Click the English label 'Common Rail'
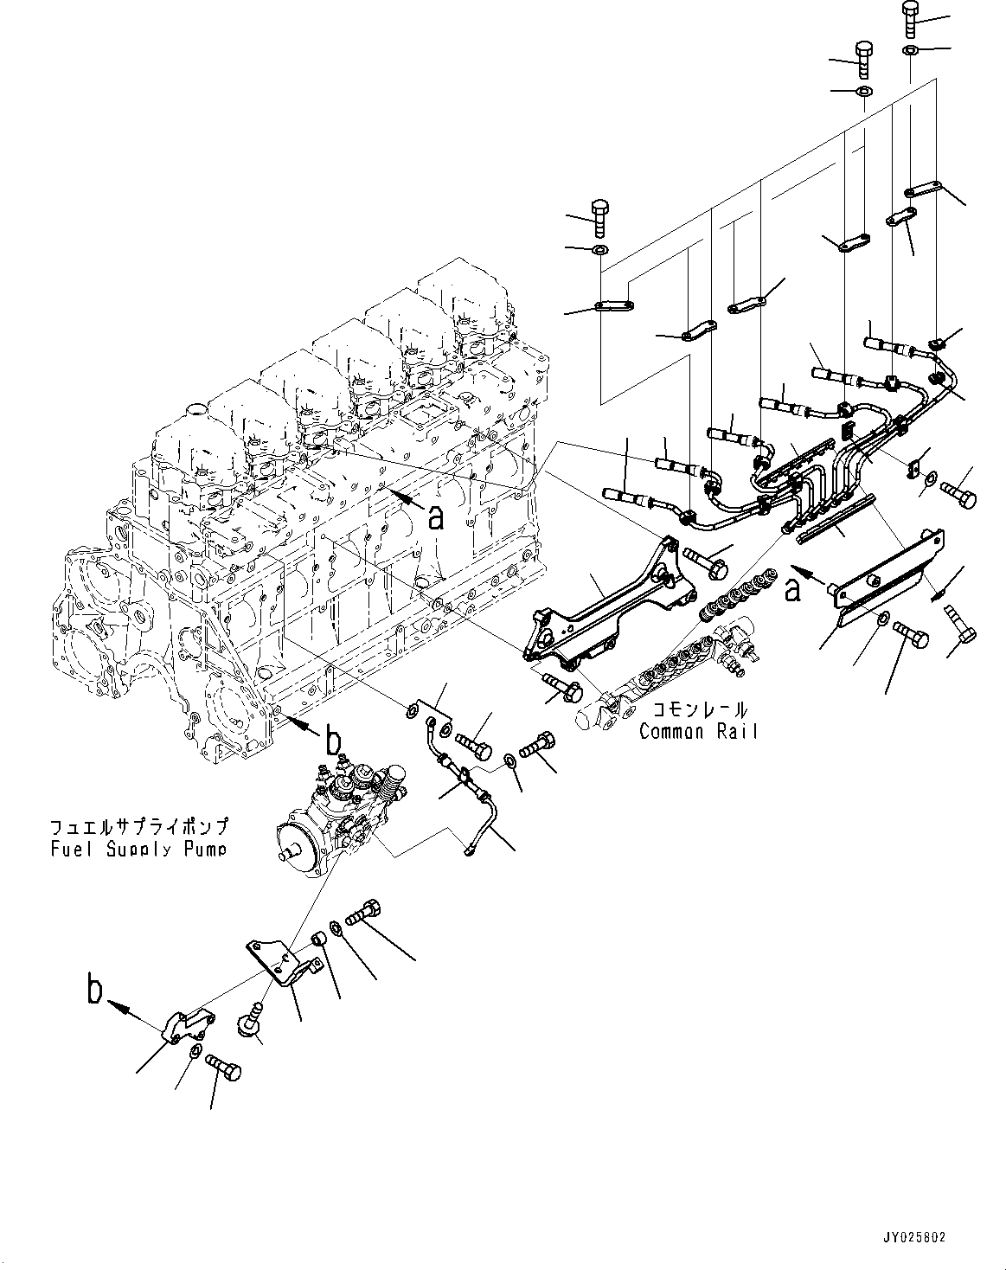[698, 732]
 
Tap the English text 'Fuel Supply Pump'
[138, 849]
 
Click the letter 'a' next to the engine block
[436, 516]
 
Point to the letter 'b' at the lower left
[95, 990]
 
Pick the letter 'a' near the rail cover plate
[791, 590]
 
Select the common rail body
[666, 662]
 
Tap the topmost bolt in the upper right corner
[911, 16]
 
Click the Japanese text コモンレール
[698, 710]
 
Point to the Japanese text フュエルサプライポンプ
[138, 826]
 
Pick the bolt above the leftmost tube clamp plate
[599, 217]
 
